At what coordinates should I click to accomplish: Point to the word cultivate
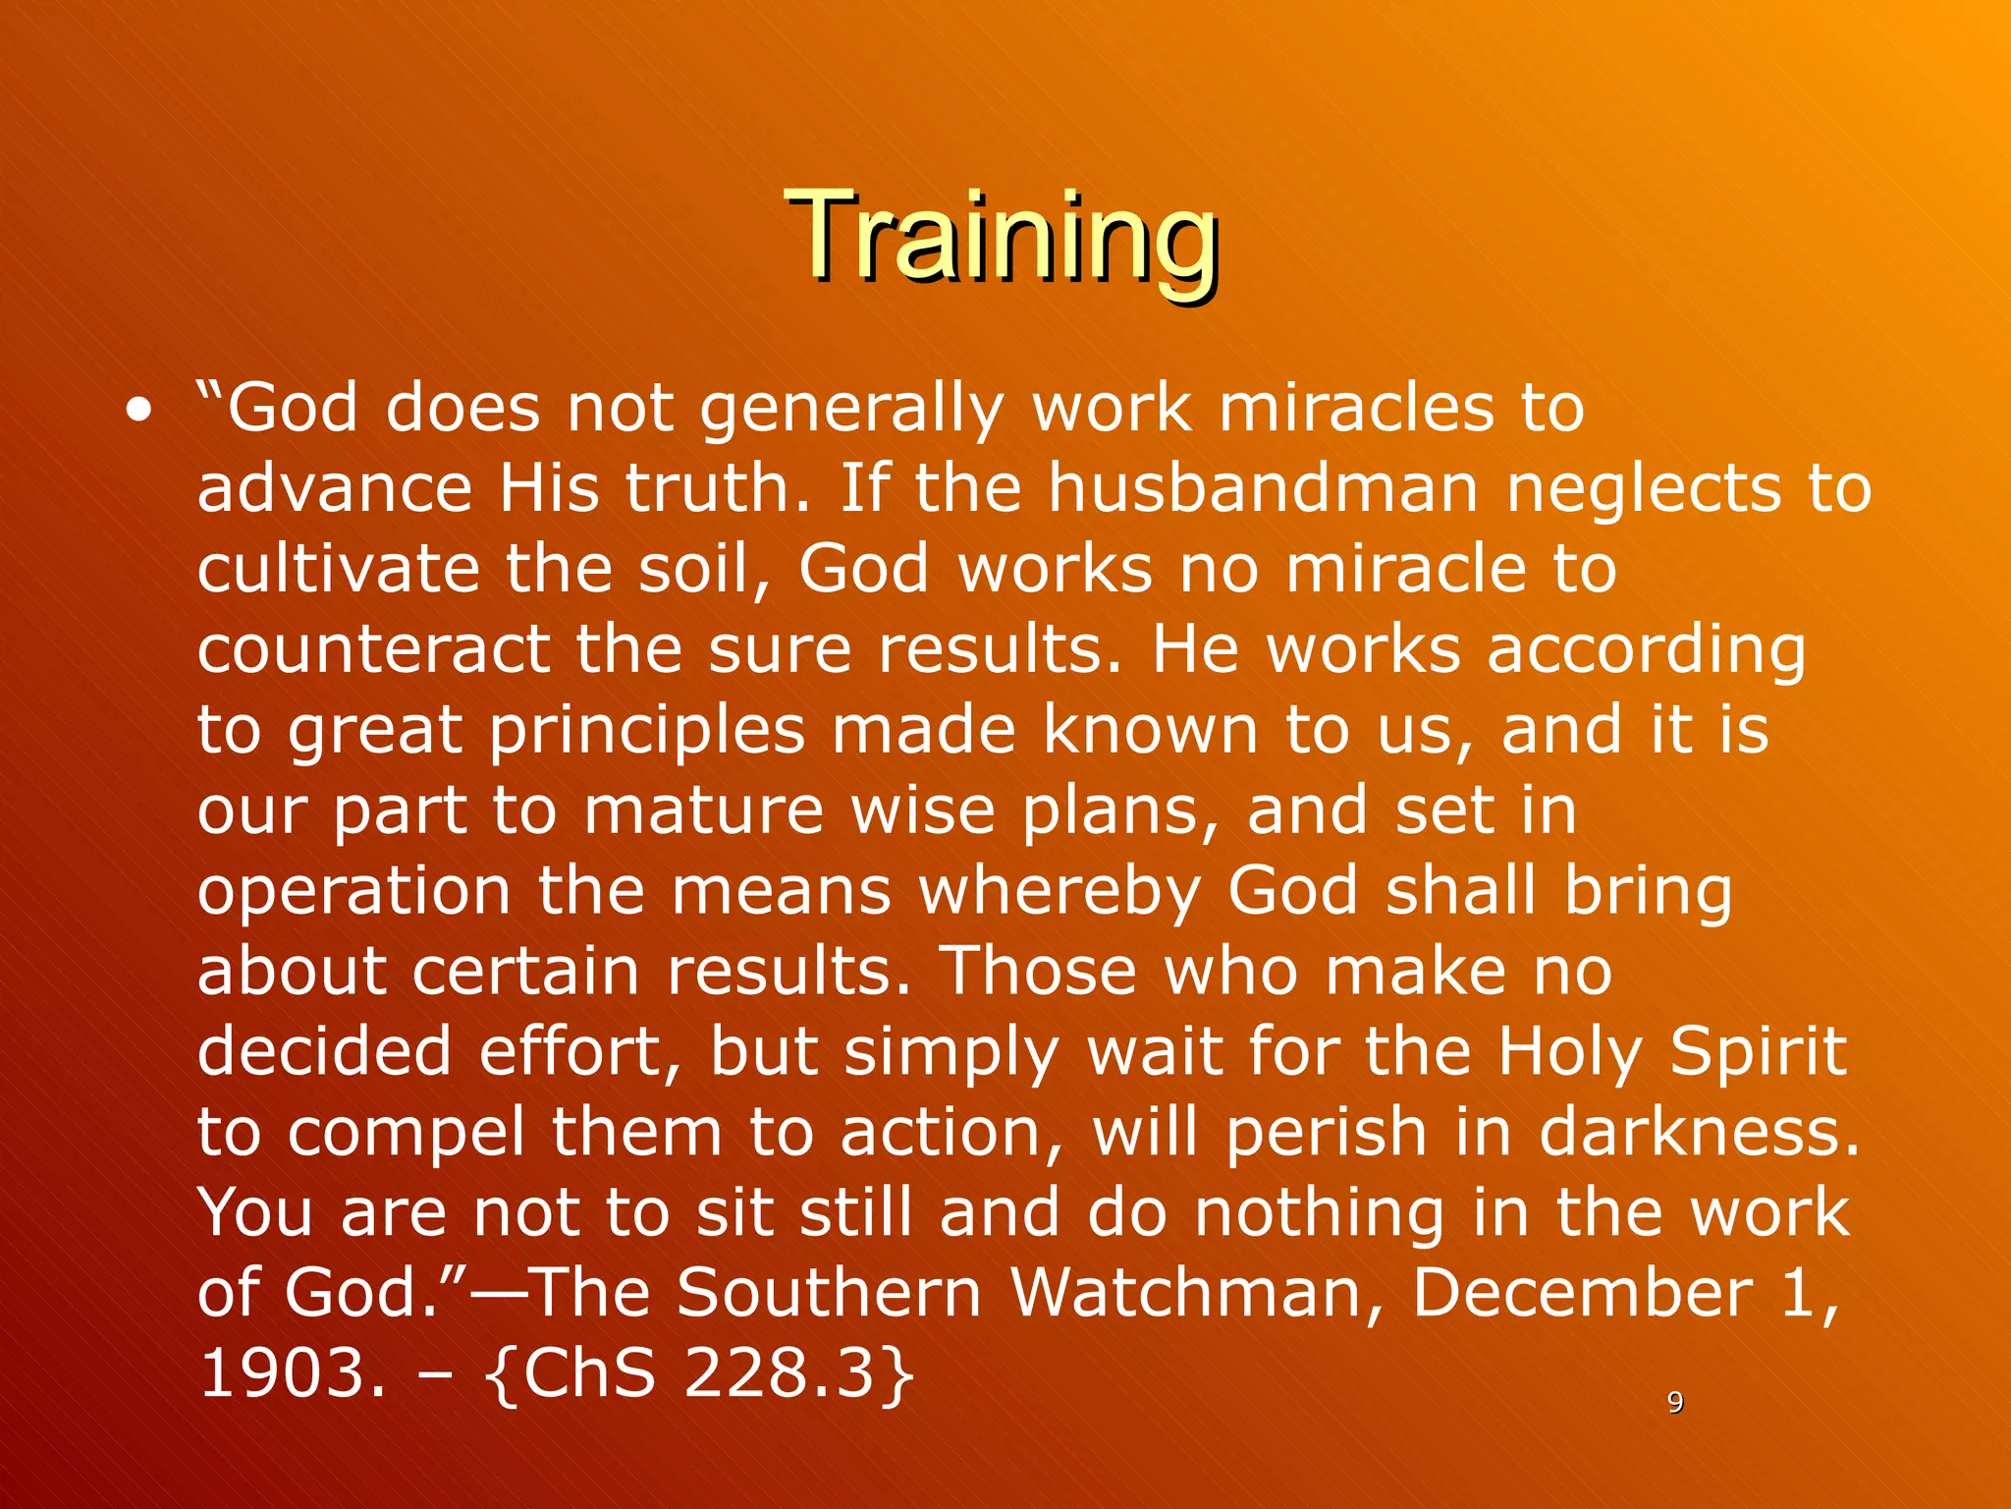click(x=337, y=569)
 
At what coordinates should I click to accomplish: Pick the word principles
click(x=646, y=732)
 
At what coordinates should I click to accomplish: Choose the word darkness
click(x=1699, y=1133)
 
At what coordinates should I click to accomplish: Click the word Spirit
click(x=1758, y=1052)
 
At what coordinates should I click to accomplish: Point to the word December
click(x=1582, y=1294)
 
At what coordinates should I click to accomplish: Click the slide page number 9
click(x=1675, y=1402)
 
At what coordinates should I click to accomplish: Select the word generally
click(x=851, y=410)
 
